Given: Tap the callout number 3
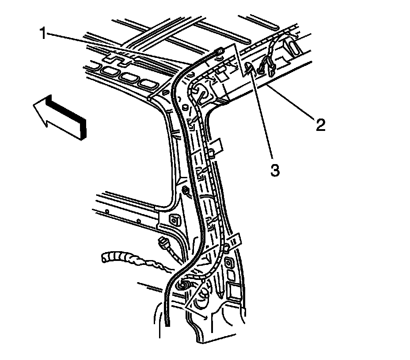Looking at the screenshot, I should coord(275,170).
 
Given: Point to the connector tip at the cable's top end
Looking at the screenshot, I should coord(219,53).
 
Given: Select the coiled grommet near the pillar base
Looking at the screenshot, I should coord(182,286).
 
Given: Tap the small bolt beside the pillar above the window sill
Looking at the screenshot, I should coord(186,191).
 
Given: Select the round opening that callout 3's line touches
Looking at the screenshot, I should coord(249,67).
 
